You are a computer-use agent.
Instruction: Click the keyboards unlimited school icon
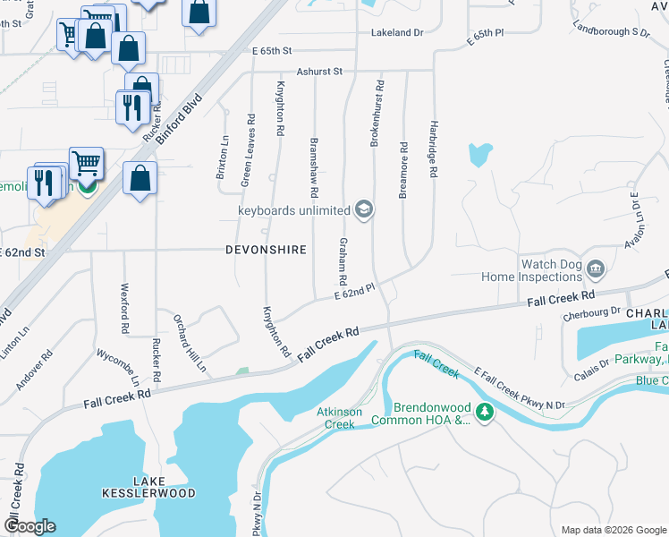coord(363,210)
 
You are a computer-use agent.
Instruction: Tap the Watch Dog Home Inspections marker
coord(597,268)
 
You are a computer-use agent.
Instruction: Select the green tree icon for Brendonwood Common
coord(485,413)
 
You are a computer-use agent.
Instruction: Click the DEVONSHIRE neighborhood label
coord(267,250)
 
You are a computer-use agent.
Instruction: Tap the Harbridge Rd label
coord(433,149)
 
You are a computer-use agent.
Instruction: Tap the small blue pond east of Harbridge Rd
coord(479,154)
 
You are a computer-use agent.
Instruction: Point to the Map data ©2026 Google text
coord(613,530)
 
